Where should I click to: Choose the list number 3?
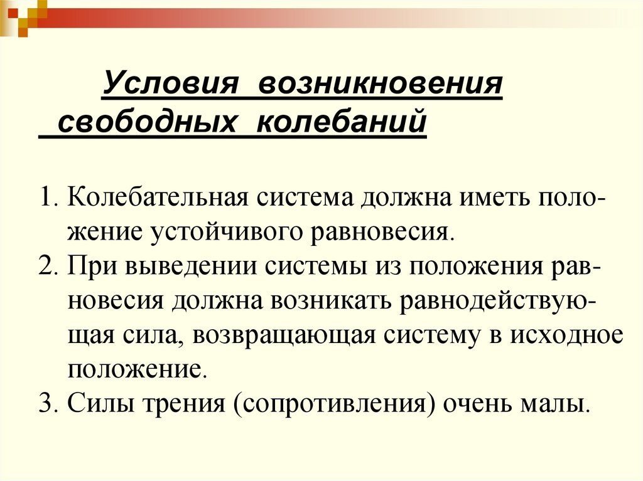coord(46,401)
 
